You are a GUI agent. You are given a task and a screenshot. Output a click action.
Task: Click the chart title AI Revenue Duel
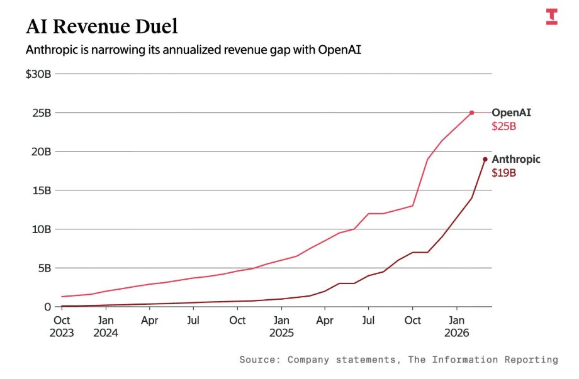[101, 26]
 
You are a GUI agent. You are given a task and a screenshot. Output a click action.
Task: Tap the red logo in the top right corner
[551, 17]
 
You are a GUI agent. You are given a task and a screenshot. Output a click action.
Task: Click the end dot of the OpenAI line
[471, 113]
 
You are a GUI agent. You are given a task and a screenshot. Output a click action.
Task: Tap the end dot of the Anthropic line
[485, 159]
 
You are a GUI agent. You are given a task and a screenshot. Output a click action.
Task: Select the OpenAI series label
[511, 113]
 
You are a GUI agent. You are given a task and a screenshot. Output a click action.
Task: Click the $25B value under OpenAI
[503, 126]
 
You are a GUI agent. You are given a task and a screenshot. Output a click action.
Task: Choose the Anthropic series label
[515, 160]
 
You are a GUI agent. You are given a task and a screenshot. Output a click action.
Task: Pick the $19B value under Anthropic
[503, 173]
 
